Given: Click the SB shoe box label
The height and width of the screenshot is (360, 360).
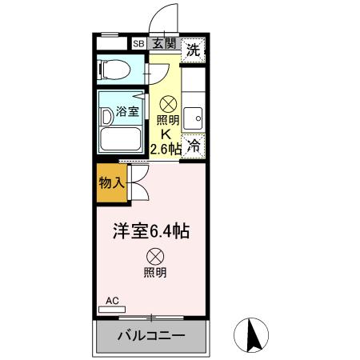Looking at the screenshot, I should pos(138,46).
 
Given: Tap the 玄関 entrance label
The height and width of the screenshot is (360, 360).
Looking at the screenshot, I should pos(163,46).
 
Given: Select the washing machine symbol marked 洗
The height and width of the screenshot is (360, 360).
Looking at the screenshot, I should pos(192,50).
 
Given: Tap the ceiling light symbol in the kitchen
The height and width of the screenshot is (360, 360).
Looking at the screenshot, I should pos(169,103).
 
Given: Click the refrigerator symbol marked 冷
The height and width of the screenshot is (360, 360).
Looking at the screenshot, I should pos(193,146).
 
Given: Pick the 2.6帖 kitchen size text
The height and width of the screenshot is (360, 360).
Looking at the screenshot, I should pos(166,150).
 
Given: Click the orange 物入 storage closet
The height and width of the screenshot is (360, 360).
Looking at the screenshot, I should pos(112,183).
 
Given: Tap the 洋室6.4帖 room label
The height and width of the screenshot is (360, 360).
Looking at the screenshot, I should pos(150,233).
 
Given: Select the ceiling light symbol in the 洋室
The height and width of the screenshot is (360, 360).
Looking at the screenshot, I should pos(155,257).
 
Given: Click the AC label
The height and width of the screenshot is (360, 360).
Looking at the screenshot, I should pos(112,301).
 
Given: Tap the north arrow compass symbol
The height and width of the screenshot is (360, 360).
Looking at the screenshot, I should pos(254,334).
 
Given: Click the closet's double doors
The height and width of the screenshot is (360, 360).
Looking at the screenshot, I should pos(136,182).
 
